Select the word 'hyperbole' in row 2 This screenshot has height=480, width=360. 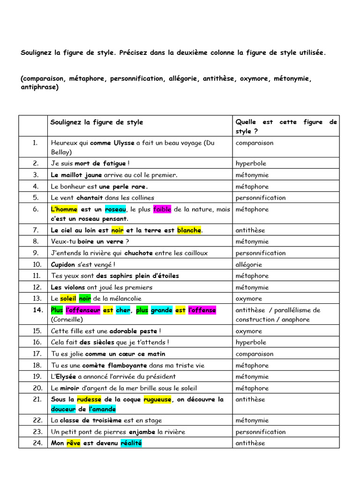251,164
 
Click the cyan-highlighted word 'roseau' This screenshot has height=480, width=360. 115,210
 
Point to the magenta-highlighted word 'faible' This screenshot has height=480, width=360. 162,210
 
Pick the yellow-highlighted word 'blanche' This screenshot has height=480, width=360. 189,230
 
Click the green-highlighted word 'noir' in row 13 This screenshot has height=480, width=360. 85,299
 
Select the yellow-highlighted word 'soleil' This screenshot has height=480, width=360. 68,299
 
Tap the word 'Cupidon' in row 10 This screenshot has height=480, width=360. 63,264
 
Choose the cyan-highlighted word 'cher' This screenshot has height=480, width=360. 123,310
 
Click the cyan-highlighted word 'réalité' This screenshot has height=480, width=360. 131,443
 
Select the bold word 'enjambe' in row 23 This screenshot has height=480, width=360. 142,432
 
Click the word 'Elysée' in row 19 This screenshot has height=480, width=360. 66,376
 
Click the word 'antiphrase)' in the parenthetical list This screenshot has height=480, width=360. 39,87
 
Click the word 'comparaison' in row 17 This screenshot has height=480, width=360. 254,354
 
